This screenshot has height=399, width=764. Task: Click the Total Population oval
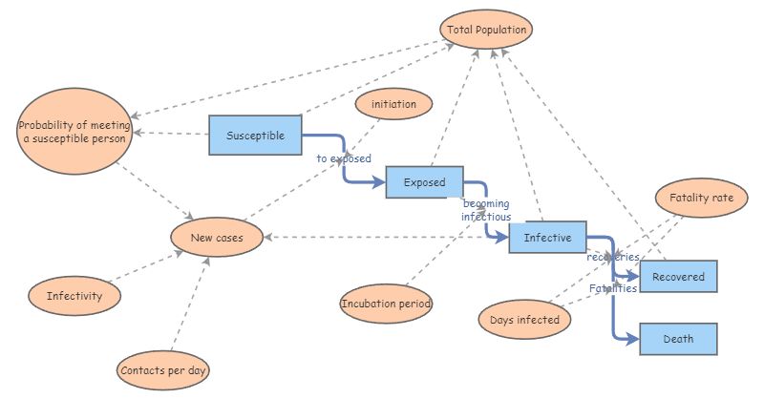coord(486,30)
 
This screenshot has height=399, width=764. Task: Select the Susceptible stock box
coord(255,136)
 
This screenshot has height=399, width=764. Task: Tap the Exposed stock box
coord(424,181)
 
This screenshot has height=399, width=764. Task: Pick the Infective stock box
coord(547,238)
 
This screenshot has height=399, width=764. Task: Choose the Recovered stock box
coord(678,277)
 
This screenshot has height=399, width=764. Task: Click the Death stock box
coord(678,339)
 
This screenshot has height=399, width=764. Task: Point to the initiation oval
coord(393,103)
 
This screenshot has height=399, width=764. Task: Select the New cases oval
coord(217,238)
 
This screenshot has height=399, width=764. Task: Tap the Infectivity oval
coord(74,296)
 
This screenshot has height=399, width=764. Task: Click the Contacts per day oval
coord(163,368)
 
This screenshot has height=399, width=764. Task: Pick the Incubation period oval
coord(386,304)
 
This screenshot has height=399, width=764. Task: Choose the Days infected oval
coord(525,320)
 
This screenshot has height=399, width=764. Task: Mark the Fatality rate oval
coord(701,198)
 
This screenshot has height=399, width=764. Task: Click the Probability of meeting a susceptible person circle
coord(74,133)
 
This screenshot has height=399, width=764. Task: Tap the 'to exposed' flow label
coord(344,158)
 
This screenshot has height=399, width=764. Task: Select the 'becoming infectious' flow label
coord(486,210)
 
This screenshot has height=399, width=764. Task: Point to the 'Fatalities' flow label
coord(612,288)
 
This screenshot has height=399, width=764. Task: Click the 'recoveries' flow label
coord(612,258)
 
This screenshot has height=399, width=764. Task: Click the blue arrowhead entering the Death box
coord(632,339)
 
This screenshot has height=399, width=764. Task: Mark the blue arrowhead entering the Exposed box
coord(379,179)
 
